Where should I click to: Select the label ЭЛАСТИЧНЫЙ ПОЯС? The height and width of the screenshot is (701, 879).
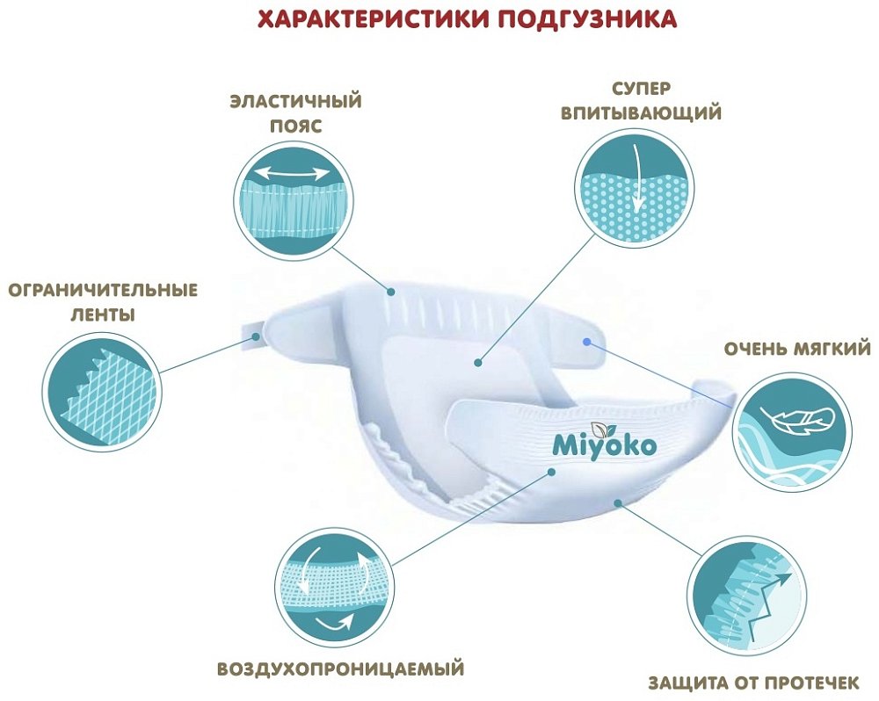[x=295, y=113]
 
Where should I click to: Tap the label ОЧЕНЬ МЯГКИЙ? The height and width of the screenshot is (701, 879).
[x=797, y=349]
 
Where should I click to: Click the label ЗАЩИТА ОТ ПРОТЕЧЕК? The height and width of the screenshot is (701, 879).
[x=759, y=683]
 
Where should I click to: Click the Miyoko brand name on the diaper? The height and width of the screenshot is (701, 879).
[x=605, y=445]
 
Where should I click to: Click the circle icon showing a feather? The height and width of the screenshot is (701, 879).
[x=792, y=430]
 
